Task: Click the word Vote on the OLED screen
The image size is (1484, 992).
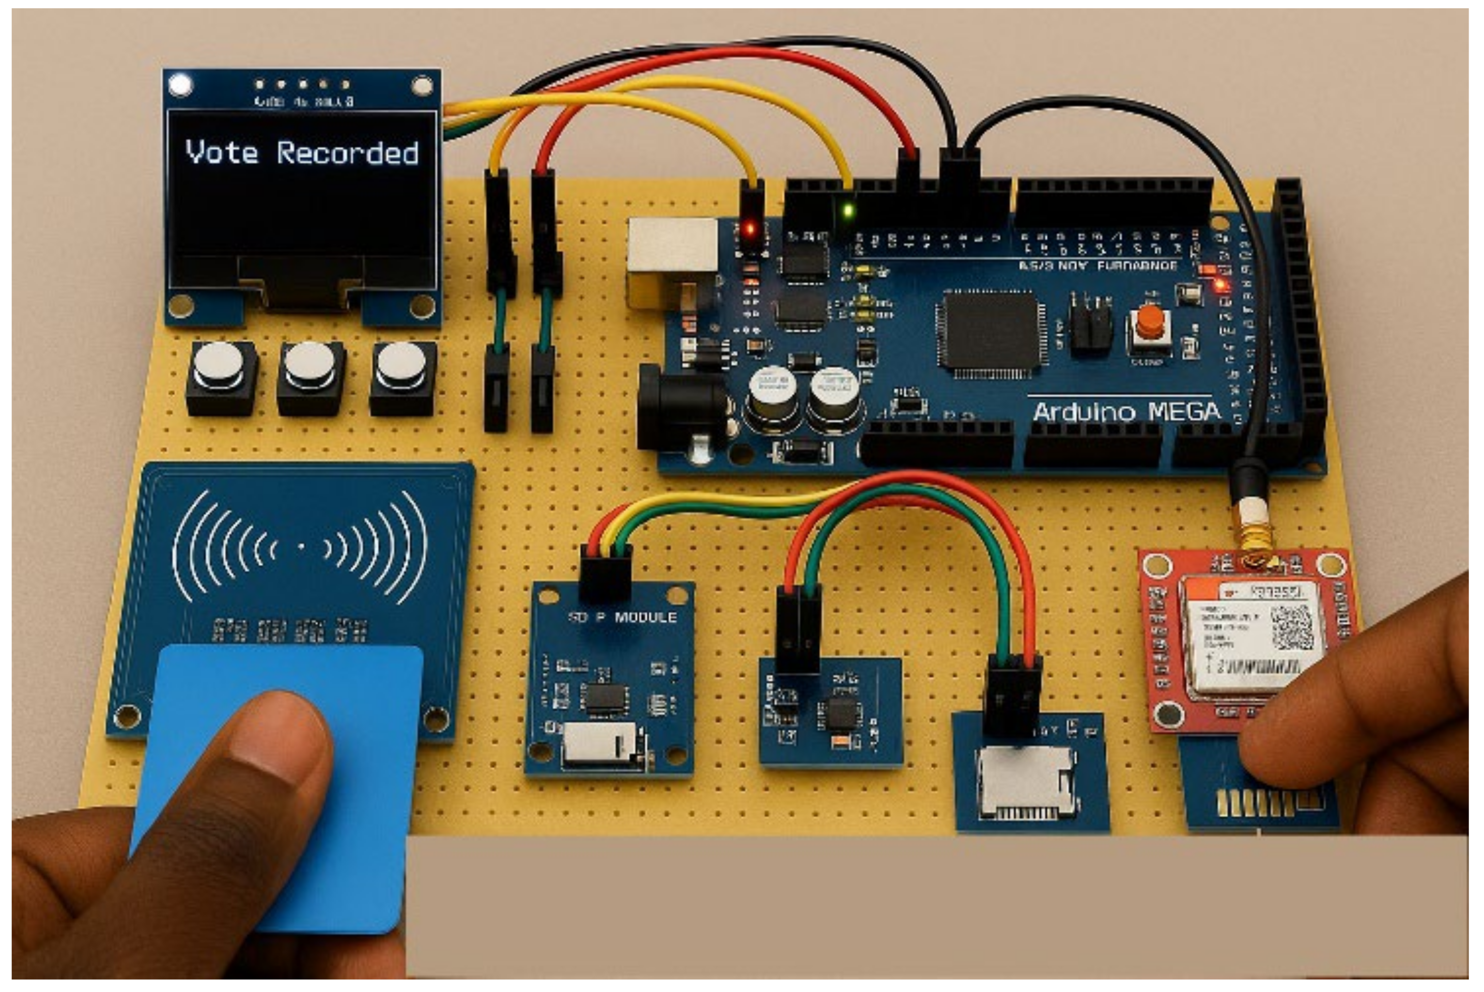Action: click(221, 152)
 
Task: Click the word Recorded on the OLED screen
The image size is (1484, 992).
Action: click(347, 153)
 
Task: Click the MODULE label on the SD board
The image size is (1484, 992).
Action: click(645, 617)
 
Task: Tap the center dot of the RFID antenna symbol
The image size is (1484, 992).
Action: click(301, 546)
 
